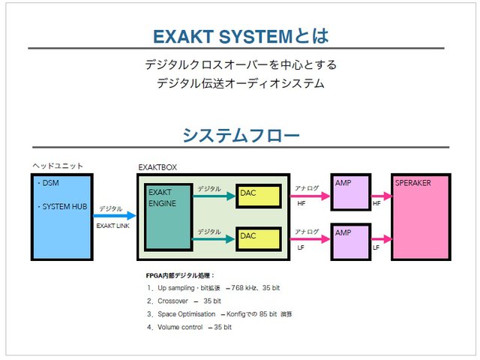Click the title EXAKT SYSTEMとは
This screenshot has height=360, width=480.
(240, 35)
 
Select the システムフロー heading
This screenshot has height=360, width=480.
(240, 135)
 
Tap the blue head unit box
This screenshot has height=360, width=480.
(62, 217)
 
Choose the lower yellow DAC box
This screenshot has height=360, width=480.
(259, 238)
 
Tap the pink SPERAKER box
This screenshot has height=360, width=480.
(421, 218)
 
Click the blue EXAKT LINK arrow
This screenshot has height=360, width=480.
(114, 216)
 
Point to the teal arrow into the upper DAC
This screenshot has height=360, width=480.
(214, 196)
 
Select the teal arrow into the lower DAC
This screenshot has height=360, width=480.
(214, 239)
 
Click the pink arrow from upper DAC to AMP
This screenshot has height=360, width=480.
(310, 196)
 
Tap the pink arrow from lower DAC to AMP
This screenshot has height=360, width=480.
(310, 239)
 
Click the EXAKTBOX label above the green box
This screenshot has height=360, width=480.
(157, 167)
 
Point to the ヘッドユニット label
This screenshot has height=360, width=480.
(58, 166)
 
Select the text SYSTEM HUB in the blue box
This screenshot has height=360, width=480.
(65, 206)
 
